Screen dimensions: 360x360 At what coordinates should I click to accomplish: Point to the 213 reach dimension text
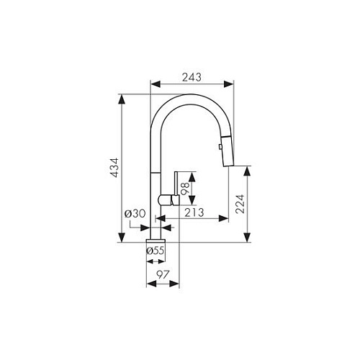point(193,212)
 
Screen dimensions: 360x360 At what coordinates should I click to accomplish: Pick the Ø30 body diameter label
point(135,213)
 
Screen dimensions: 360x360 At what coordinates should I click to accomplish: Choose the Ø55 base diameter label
point(156,251)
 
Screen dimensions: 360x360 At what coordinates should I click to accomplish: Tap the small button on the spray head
point(218,146)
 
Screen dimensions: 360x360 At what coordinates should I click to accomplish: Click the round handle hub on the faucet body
point(163,199)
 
